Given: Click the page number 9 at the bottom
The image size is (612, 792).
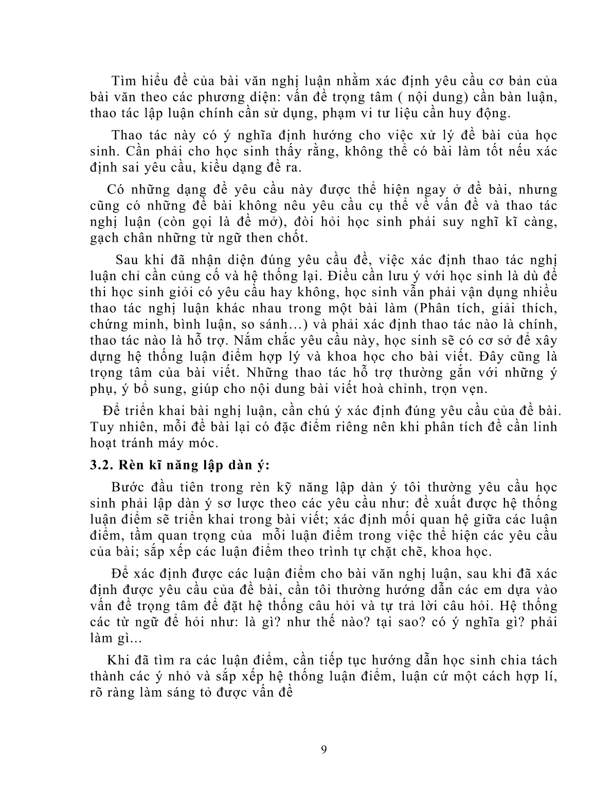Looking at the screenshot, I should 323,749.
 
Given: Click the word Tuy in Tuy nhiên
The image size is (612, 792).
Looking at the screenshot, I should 100,427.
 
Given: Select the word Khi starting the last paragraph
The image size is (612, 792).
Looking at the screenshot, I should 117,660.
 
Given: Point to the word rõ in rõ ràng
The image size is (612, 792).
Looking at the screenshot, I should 97,692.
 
